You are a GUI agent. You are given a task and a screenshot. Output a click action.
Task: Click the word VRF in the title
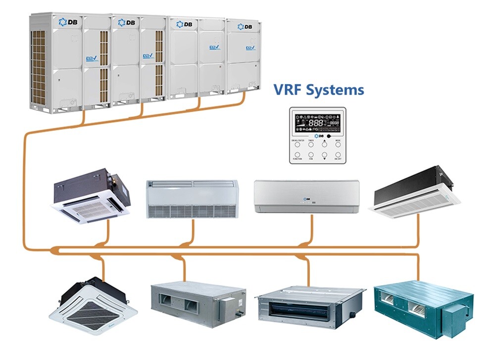pos(288,90)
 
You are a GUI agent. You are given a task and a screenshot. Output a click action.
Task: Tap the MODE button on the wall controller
pos(338,145)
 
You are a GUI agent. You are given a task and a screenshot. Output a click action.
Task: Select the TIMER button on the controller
pos(311,145)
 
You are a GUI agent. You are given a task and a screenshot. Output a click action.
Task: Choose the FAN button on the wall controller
pos(311,155)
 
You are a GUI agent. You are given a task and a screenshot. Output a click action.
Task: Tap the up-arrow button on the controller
pos(324,145)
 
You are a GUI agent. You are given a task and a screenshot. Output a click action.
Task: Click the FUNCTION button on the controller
pos(297,155)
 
